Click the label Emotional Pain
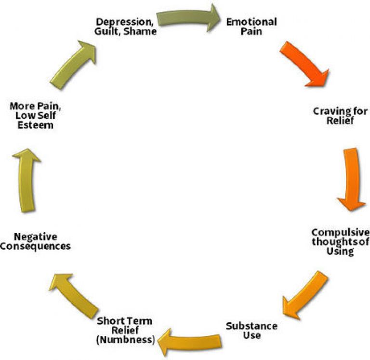click(x=251, y=27)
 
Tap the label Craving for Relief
click(x=340, y=116)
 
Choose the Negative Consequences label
click(x=36, y=241)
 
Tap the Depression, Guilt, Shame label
click(x=126, y=26)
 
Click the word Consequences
click(x=36, y=246)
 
